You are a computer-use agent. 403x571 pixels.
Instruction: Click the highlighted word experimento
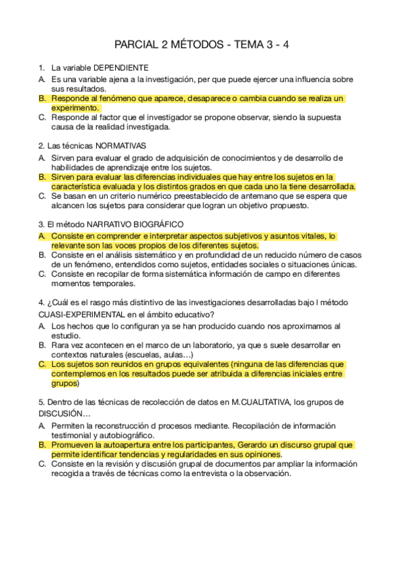[75, 108]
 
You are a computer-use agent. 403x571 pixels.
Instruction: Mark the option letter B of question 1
[42, 98]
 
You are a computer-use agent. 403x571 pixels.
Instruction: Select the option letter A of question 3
[42, 236]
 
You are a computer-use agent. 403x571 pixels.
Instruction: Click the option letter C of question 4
[42, 364]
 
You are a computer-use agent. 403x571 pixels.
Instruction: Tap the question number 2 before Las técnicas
[41, 145]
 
